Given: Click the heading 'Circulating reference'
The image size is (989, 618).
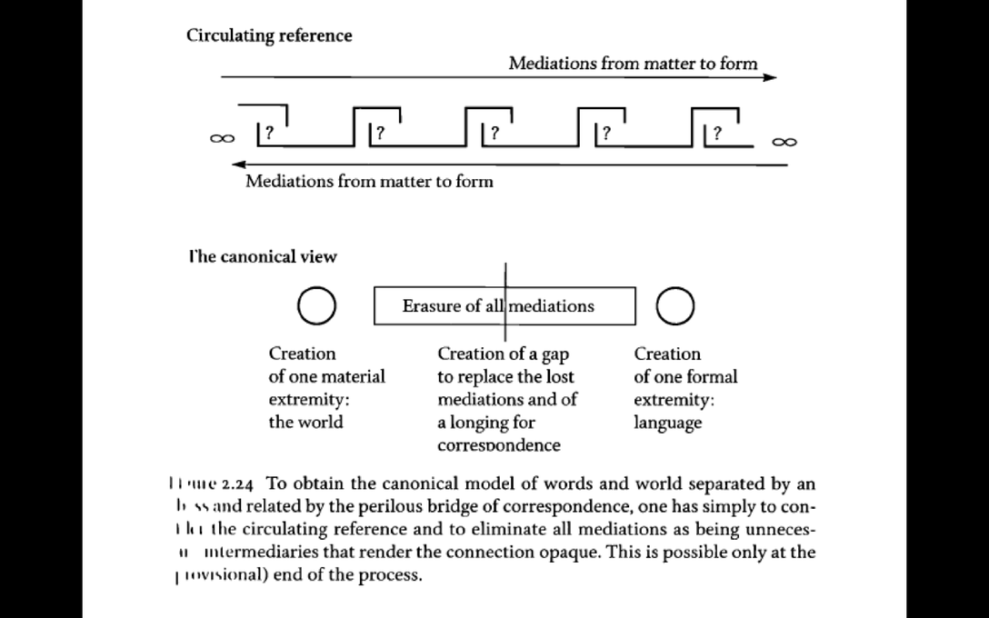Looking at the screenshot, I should [269, 35].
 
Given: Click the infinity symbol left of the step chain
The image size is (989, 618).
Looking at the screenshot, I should [219, 139].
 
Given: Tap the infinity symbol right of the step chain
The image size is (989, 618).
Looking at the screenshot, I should [784, 141].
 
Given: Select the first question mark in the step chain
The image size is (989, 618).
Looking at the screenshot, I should [269, 133].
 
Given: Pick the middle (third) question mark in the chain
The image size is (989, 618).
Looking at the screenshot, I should [494, 133].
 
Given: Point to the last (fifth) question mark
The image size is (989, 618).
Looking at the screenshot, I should [717, 133].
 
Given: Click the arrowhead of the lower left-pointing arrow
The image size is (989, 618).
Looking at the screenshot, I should [238, 164].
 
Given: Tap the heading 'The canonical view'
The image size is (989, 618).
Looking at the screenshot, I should [263, 256].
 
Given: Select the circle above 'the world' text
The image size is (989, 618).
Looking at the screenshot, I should [315, 306].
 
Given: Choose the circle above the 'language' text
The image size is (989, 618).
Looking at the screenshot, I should [675, 306].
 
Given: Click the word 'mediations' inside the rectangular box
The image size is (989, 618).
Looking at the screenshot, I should [551, 306].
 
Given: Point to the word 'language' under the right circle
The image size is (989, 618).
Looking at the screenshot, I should [668, 423].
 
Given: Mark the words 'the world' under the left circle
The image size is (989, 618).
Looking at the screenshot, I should [305, 423].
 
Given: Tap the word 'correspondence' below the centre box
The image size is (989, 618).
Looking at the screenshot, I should [498, 445].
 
